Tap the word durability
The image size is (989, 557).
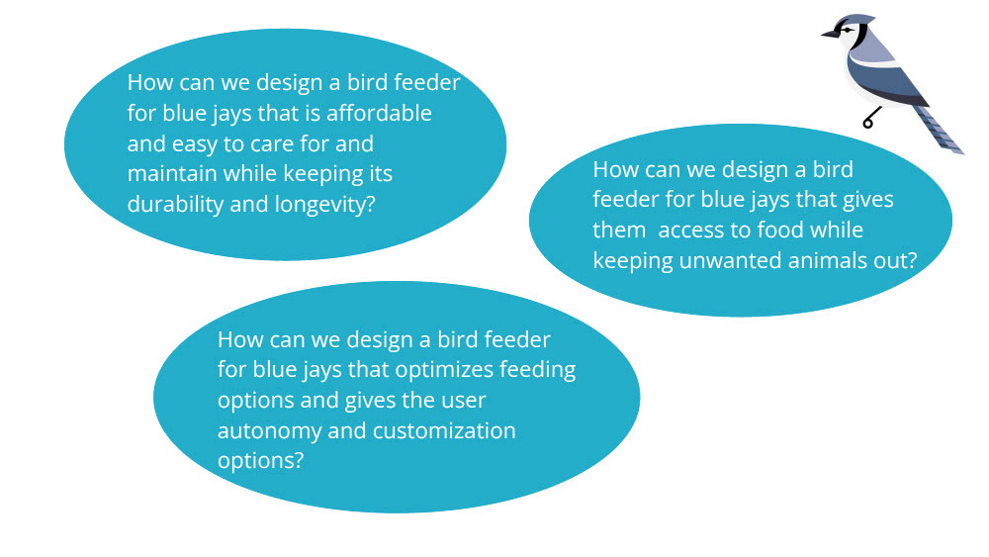175,204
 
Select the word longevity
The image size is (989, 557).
318,204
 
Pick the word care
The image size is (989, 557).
273,143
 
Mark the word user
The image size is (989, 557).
458,401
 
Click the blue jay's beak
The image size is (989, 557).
828,35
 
